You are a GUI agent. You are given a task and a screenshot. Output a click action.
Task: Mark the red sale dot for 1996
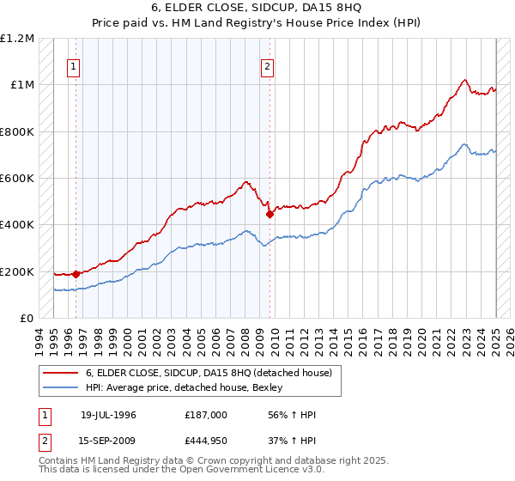[x=76, y=274]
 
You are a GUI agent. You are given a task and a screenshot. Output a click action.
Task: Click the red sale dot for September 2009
[x=270, y=215]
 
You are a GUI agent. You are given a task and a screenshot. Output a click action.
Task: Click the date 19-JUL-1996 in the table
[x=108, y=415]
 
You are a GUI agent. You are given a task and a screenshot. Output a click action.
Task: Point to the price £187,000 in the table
[x=205, y=415]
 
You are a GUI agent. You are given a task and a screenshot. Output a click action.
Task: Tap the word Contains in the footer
[x=58, y=462]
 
